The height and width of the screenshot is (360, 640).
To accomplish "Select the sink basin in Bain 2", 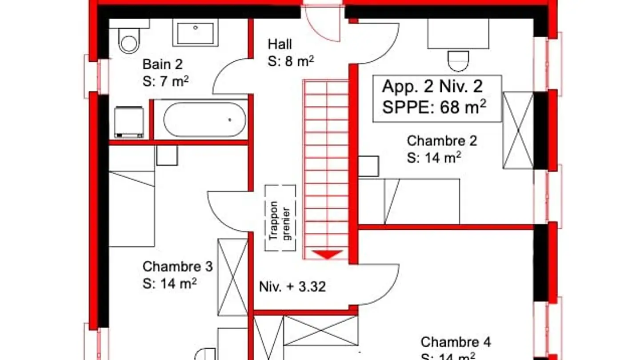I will tap(196, 32).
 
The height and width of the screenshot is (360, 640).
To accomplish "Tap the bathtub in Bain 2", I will tap(204, 120).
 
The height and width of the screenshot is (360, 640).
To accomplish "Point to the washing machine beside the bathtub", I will tap(129, 122).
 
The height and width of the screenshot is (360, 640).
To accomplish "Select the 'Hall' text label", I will tap(280, 44).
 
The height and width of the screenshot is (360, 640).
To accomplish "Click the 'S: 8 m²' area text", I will tap(291, 61).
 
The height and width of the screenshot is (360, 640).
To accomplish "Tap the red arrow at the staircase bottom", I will tap(327, 255).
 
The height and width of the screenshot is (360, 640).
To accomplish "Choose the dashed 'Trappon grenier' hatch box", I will tap(280, 218).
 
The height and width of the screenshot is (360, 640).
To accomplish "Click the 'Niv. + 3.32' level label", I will tap(292, 287).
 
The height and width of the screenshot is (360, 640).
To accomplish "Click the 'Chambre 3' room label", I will tap(177, 267).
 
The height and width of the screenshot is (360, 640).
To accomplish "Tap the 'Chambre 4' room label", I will tap(456, 342).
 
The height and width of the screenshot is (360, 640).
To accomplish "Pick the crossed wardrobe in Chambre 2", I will tap(518, 130).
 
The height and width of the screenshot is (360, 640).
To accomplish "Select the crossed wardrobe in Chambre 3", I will tap(232, 277).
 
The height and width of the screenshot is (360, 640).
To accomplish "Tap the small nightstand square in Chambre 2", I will tap(368, 166).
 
